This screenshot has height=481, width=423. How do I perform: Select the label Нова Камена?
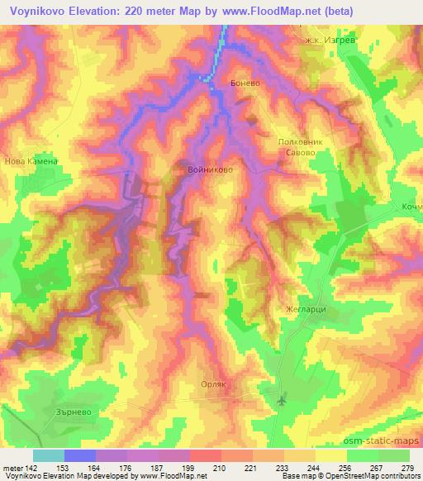(x=31, y=162)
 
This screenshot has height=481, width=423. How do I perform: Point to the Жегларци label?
(x=312, y=307)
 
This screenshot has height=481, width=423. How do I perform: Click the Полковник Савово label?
(x=296, y=147)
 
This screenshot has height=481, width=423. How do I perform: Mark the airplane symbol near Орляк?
(x=283, y=401)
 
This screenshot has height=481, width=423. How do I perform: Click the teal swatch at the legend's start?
(x=48, y=455)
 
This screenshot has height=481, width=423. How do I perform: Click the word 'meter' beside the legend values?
(x=13, y=467)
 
